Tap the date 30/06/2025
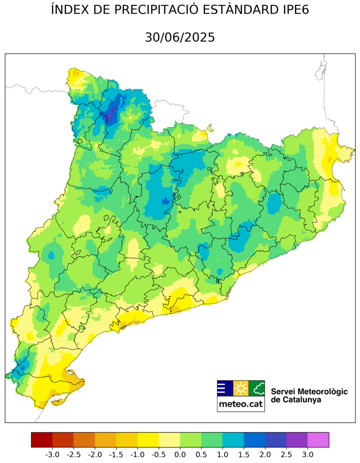(180, 37)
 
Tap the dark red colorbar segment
(42, 440)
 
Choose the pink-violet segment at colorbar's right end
(318, 440)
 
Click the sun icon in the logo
(241, 388)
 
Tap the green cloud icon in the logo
(257, 388)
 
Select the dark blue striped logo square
(224, 388)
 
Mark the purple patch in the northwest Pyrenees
(111, 115)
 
